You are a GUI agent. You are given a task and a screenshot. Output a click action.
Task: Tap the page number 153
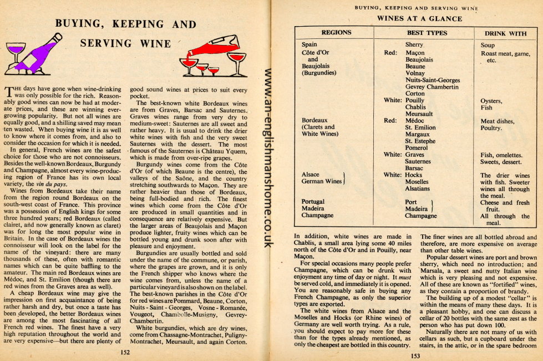[414, 356]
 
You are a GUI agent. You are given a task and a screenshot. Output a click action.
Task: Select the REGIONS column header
[336, 33]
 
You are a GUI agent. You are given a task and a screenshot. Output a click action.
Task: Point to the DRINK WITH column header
[506, 33]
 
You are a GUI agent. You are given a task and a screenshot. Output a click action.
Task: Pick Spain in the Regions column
[309, 45]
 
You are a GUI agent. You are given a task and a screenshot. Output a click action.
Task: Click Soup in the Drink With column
[488, 46]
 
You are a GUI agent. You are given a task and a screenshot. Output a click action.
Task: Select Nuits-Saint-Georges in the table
[433, 81]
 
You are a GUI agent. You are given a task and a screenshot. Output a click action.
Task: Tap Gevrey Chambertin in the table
[432, 87]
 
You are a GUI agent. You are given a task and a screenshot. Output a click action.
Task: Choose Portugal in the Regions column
[313, 202]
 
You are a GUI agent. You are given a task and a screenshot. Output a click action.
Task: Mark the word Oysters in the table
[491, 101]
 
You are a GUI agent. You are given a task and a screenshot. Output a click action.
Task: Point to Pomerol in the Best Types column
[418, 148]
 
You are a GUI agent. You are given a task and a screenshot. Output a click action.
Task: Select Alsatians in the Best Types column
[421, 188]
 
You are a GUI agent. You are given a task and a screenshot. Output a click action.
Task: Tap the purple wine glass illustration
[17, 53]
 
